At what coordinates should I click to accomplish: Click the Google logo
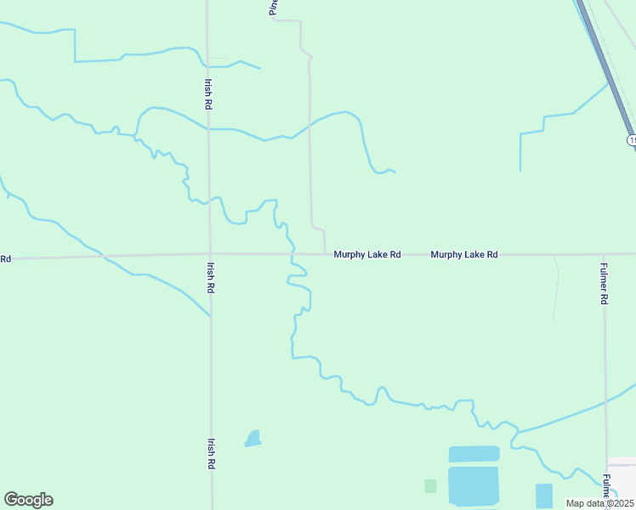point(28,500)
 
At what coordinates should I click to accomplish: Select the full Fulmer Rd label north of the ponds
point(604,283)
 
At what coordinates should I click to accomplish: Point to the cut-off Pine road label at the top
point(273,7)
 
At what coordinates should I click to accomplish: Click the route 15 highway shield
point(632,139)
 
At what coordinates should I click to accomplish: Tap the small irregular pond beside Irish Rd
point(253,439)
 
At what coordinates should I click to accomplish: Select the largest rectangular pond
point(474,487)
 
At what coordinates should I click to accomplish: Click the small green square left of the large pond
point(430,486)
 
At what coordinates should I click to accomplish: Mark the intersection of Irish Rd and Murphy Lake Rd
point(210,253)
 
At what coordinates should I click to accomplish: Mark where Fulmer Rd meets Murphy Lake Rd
point(604,253)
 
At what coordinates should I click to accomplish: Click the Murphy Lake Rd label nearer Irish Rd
point(366,254)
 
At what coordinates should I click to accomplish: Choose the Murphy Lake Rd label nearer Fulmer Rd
point(463,254)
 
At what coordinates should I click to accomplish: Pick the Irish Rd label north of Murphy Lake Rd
point(208,93)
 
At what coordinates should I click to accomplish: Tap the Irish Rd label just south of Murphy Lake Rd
point(210,277)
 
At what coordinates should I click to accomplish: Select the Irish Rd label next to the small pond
point(211,454)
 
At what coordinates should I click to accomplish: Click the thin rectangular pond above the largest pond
point(474,454)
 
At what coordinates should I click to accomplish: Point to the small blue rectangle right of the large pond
point(544,495)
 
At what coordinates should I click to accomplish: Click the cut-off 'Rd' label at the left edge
point(5,258)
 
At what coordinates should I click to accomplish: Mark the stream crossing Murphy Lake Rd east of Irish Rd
point(293,253)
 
